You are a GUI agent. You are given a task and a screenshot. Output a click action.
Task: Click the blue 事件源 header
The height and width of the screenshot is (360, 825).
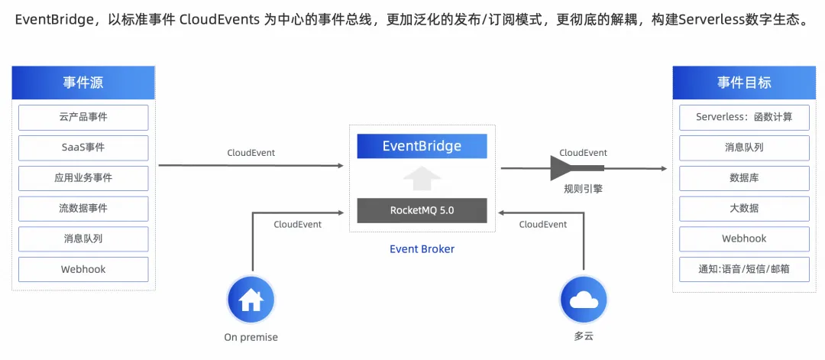83,83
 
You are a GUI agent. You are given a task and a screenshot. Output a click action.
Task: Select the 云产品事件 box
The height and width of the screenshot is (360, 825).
83,117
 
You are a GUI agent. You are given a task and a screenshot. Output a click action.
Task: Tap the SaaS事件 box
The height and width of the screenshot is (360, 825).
83,148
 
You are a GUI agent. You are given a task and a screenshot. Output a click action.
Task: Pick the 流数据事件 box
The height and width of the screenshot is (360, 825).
83,208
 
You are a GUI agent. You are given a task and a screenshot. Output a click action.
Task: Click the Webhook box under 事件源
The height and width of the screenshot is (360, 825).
83,269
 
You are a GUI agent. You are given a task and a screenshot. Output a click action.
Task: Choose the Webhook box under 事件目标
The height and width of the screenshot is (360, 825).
744,238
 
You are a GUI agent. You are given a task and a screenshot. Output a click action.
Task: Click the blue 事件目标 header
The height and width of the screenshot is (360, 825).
744,83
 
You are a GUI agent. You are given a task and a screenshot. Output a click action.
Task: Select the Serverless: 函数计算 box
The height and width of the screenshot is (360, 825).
744,117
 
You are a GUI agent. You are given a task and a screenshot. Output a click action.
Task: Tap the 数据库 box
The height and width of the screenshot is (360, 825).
744,177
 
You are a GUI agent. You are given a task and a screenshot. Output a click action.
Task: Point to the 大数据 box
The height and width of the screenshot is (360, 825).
744,208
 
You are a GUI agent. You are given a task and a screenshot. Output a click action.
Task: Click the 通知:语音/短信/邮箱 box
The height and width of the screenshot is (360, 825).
744,269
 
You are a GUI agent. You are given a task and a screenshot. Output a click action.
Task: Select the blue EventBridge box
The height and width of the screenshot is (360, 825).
422,146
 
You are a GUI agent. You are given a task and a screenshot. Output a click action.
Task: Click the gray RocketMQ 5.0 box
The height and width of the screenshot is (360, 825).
422,209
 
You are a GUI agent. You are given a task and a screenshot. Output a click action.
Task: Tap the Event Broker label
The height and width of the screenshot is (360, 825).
422,248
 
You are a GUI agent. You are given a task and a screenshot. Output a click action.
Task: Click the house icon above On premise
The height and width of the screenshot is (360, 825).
251,300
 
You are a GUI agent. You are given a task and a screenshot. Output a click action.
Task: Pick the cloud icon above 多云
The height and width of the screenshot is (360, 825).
584,300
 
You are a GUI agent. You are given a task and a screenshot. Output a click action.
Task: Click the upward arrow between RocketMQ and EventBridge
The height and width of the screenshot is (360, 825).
422,178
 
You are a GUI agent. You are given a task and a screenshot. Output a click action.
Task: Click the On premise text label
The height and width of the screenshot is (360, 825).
251,337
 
